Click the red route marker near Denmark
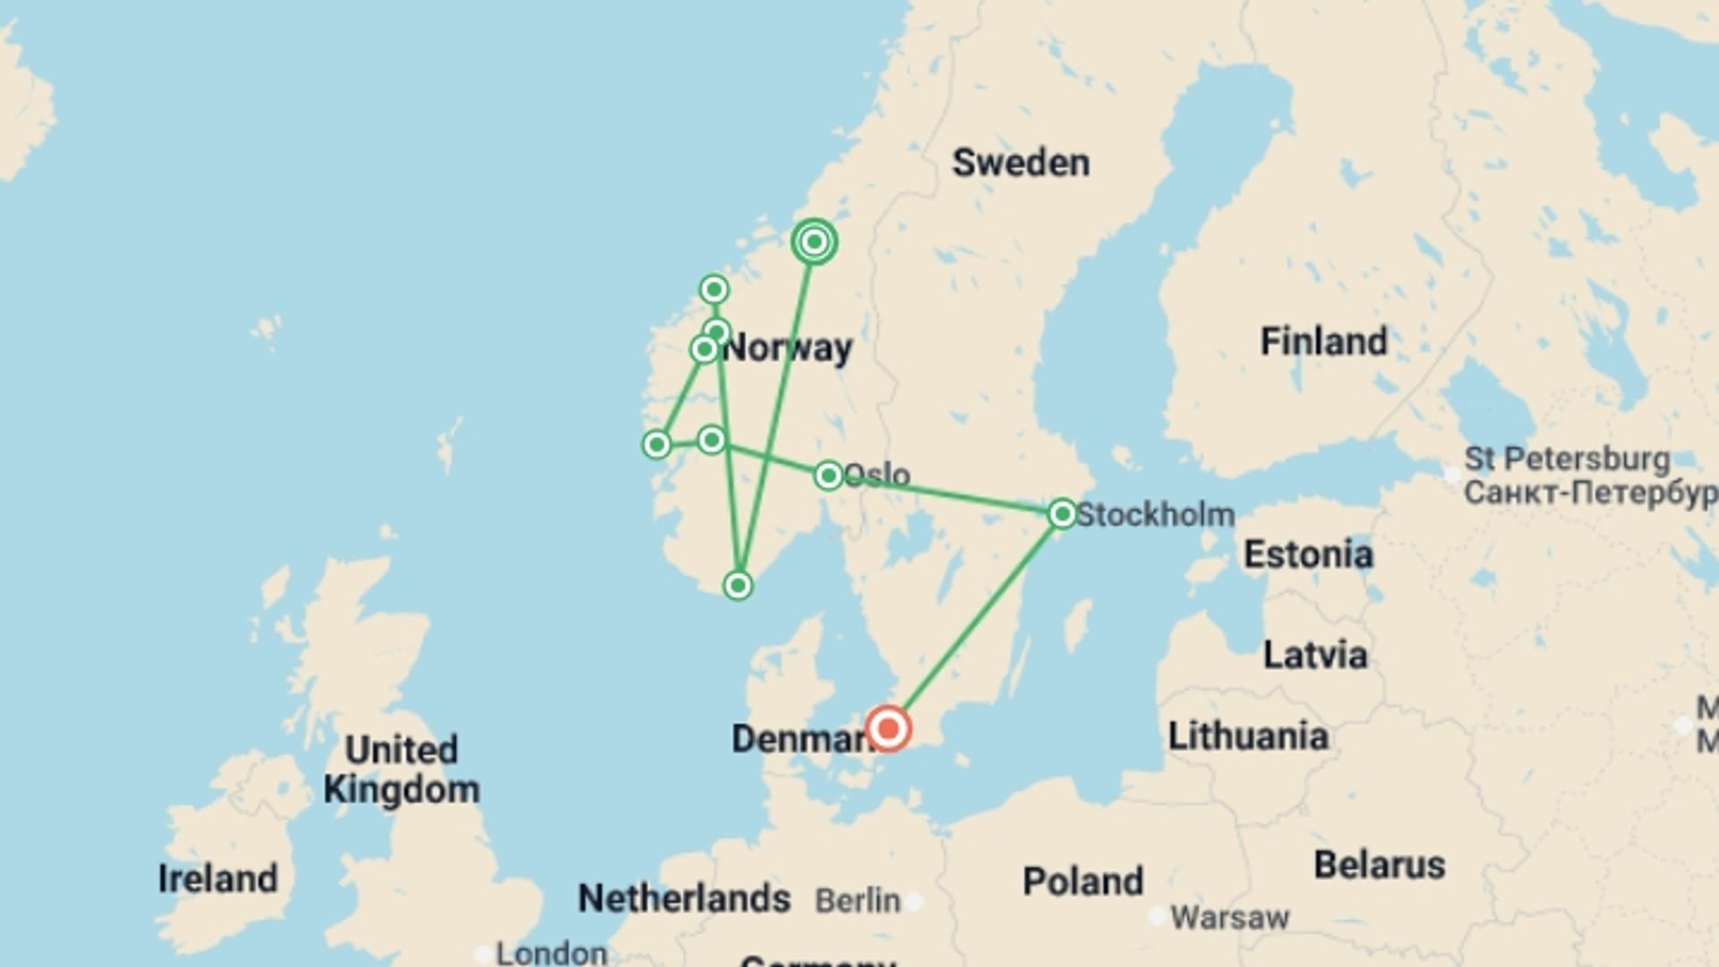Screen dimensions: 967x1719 [888, 728]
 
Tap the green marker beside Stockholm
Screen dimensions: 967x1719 [1062, 514]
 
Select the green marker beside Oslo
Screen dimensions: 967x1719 [828, 475]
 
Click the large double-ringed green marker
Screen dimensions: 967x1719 [814, 242]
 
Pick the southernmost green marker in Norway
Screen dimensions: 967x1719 [737, 586]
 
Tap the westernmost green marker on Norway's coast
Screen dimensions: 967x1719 [656, 444]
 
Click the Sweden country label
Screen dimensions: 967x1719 [1021, 163]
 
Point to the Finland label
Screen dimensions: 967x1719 [1323, 341]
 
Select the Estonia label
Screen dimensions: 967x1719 [1308, 554]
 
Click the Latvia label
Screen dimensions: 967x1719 [1315, 655]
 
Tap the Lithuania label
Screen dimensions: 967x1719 [1248, 736]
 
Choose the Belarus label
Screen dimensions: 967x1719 [1379, 865]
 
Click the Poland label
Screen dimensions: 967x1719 [1082, 881]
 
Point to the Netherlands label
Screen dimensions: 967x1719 [684, 898]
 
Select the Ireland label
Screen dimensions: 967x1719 [218, 878]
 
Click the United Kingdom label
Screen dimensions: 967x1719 [402, 769]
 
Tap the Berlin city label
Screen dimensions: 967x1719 [858, 901]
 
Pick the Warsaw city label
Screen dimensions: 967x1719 [1229, 917]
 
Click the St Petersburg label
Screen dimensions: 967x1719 [1567, 459]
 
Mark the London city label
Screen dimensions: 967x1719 [552, 953]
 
